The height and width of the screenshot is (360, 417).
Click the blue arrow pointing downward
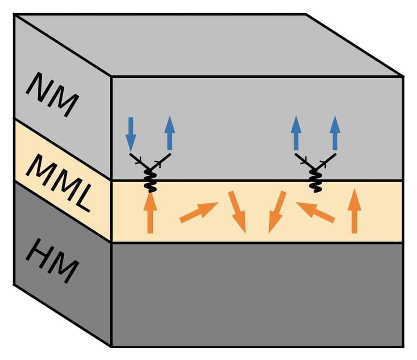[x=131, y=134]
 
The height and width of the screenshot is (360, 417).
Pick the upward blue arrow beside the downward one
[x=170, y=133]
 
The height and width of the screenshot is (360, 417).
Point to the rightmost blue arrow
[x=335, y=133]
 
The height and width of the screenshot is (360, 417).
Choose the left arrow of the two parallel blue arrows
[x=296, y=133]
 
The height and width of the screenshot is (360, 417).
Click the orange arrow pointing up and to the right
[x=198, y=212]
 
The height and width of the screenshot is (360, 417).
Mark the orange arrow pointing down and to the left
[x=277, y=212]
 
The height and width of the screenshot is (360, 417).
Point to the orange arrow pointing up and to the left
[x=315, y=211]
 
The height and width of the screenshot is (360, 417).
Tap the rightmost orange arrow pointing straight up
[x=355, y=211]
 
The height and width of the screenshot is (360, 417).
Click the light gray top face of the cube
[x=209, y=44]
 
